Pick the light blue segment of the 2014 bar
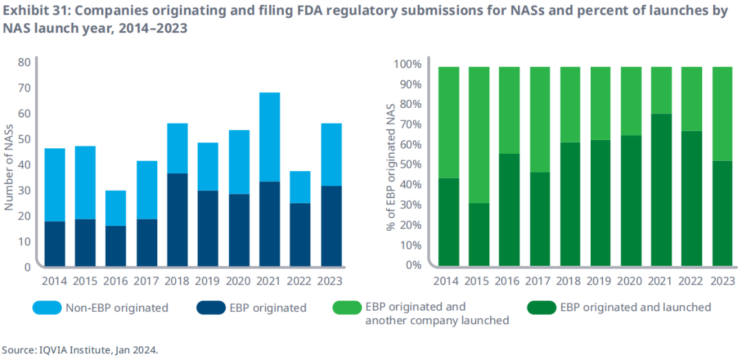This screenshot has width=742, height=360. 55,185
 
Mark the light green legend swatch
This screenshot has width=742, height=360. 346,308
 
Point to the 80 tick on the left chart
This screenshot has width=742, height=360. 24,62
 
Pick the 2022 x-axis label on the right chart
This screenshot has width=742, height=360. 692,281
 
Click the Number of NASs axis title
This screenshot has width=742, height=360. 10,165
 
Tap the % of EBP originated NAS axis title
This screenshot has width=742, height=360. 388,165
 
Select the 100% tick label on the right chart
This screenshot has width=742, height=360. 405,64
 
